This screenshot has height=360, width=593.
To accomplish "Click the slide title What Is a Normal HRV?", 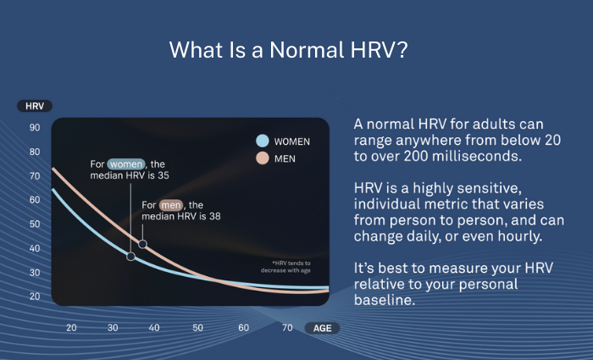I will tap(290, 49).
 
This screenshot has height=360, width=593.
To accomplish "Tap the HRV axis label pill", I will tap(35, 106).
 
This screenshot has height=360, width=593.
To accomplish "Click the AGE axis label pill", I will tap(322, 328).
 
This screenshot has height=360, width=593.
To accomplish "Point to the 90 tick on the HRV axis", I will tap(35, 128).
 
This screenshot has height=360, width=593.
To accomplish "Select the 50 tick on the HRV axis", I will tap(35, 224).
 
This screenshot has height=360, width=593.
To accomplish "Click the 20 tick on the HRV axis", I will tap(35, 296).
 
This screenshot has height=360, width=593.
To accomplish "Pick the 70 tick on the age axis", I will tap(287, 328).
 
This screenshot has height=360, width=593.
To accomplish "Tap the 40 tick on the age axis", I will tap(154, 328).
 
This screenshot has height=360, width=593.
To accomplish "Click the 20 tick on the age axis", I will tap(71, 328).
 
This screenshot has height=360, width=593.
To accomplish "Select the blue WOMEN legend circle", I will tap(263, 141).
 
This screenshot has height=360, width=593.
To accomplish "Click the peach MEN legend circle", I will tap(263, 158).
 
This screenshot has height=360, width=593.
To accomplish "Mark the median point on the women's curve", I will tap(130, 256).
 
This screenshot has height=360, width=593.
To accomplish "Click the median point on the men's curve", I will tap(142, 244).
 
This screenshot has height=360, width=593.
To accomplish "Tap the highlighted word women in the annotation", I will tap(126, 163).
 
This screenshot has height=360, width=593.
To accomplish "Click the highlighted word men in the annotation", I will tap(171, 204).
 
